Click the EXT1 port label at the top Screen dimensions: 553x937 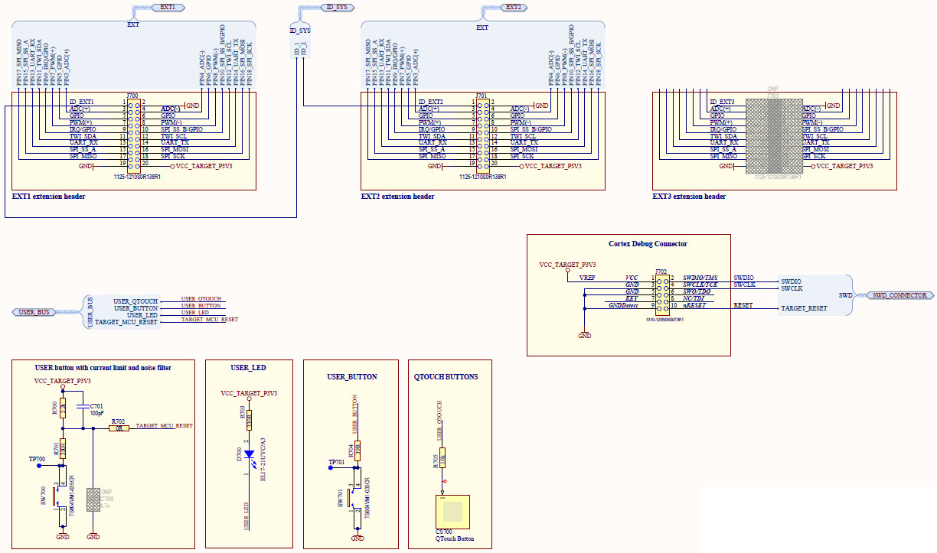tap(167, 7)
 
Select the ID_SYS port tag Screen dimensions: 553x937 tap(338, 7)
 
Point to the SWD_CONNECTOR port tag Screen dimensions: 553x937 tap(899, 295)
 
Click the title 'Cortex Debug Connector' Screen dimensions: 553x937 tap(647, 244)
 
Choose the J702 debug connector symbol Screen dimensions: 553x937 tap(661, 292)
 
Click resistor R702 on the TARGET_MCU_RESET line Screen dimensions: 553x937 tap(118, 428)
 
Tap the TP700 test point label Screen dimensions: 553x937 tap(37, 459)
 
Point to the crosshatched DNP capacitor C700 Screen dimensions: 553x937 tap(93, 500)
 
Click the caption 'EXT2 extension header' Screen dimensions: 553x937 tap(397, 197)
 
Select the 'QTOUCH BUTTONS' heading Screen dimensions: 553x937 tap(446, 377)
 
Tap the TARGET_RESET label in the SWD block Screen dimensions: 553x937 tap(804, 309)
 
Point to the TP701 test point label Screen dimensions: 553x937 tap(337, 464)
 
